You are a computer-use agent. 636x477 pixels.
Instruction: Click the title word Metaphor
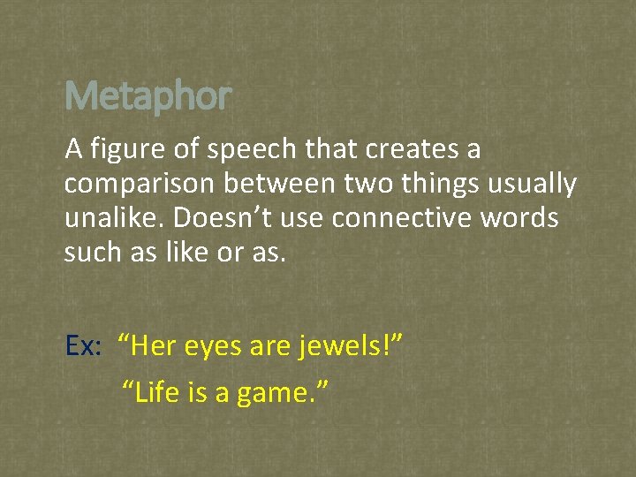(x=148, y=95)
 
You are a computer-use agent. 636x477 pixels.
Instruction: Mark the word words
(x=520, y=218)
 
